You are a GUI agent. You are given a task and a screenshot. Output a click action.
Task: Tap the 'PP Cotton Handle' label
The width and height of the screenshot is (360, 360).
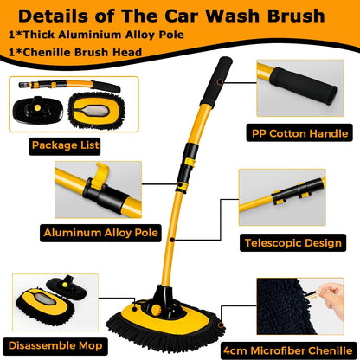(299, 132)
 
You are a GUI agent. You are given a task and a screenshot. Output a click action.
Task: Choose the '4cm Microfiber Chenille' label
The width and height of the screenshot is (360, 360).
(300, 349)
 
